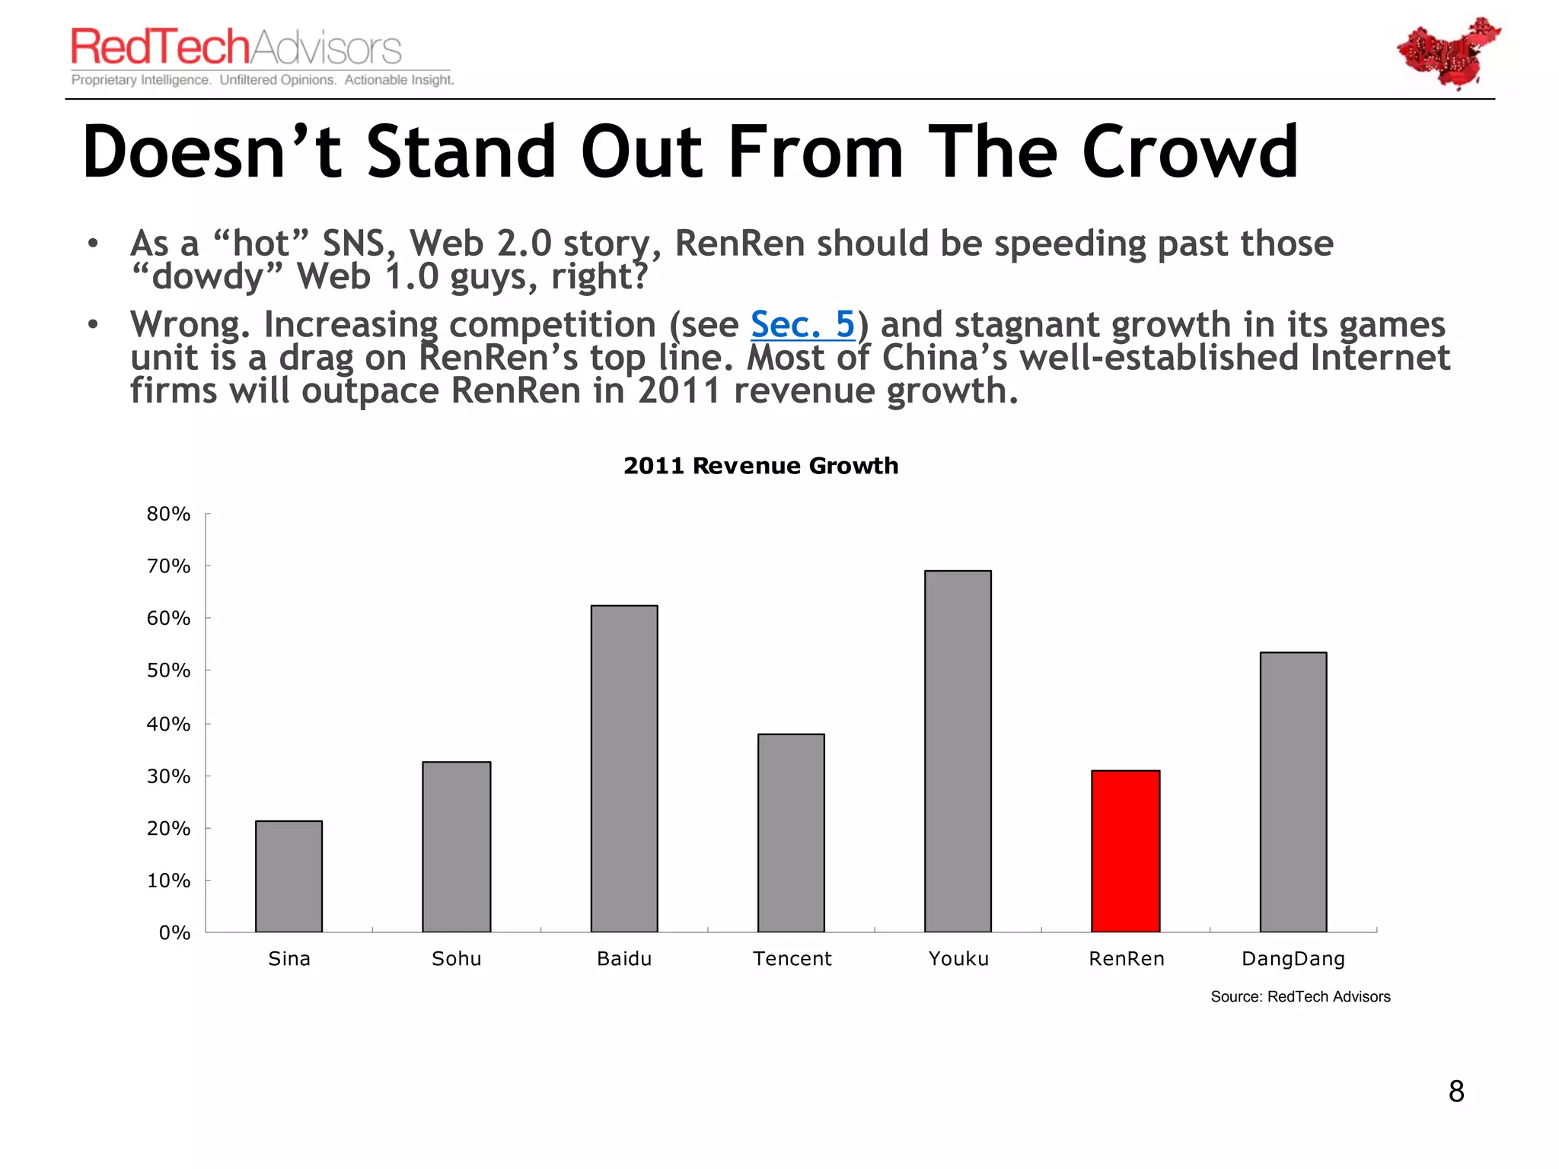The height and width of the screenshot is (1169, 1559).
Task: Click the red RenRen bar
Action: pyautogui.click(x=1125, y=851)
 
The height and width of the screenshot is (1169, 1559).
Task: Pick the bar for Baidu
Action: pyautogui.click(x=624, y=768)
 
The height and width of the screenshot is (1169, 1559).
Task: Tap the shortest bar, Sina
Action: pyautogui.click(x=289, y=876)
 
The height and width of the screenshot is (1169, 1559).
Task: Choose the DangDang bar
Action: pyautogui.click(x=1293, y=792)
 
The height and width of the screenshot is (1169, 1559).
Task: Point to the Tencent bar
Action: pyautogui.click(x=791, y=833)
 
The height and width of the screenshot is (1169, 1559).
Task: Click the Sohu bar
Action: pyautogui.click(x=456, y=846)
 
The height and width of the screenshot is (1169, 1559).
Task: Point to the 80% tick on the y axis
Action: pyautogui.click(x=168, y=514)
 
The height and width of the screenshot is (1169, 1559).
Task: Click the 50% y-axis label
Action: pyautogui.click(x=168, y=671)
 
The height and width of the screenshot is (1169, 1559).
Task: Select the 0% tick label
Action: pyautogui.click(x=174, y=933)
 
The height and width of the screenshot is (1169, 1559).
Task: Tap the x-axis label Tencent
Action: pyautogui.click(x=792, y=959)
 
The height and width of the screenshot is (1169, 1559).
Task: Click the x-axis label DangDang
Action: pyautogui.click(x=1293, y=959)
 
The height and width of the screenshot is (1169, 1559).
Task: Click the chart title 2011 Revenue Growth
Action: pyautogui.click(x=760, y=465)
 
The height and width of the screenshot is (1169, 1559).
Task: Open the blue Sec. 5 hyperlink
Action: pyautogui.click(x=802, y=325)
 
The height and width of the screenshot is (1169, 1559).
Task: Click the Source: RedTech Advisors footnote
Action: pyautogui.click(x=1300, y=997)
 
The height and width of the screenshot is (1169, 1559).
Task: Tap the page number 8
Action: pyautogui.click(x=1455, y=1091)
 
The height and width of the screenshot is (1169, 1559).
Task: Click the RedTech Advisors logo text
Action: pyautogui.click(x=236, y=47)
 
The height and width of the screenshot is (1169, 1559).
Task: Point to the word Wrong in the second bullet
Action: pyautogui.click(x=188, y=325)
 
